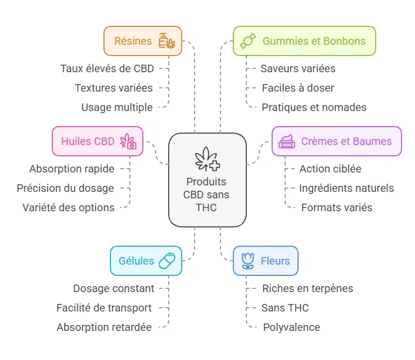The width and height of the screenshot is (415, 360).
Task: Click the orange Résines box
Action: click(x=143, y=41)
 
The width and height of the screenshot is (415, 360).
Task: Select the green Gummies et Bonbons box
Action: click(x=304, y=41)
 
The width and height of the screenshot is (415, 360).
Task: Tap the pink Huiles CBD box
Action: click(x=98, y=141)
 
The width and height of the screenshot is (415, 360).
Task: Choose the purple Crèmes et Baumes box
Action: click(x=336, y=141)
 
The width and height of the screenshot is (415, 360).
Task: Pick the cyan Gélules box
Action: click(x=146, y=261)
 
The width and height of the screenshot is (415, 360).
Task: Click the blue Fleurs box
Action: click(x=265, y=261)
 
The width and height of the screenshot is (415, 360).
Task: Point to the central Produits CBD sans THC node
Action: click(x=207, y=179)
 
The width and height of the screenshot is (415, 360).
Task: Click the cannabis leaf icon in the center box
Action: click(x=207, y=158)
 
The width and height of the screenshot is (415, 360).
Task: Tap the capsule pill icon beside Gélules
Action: click(x=167, y=261)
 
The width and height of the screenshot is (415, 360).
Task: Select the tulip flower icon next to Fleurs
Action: click(x=247, y=261)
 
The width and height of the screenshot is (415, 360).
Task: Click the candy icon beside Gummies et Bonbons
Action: click(x=248, y=41)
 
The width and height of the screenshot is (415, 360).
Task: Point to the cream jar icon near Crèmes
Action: click(x=286, y=141)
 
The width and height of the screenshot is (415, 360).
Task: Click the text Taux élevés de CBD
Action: click(x=107, y=68)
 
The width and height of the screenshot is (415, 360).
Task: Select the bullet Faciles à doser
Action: click(x=298, y=88)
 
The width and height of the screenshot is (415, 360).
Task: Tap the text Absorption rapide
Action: click(x=72, y=169)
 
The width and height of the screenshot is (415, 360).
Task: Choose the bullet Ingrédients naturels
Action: click(x=346, y=188)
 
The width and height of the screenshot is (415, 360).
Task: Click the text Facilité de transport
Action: click(x=104, y=308)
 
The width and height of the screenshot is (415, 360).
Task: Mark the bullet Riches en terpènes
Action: click(x=307, y=288)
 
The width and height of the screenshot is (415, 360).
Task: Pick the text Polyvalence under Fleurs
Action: click(x=291, y=327)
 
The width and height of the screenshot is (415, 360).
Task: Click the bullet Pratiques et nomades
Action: click(x=314, y=107)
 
